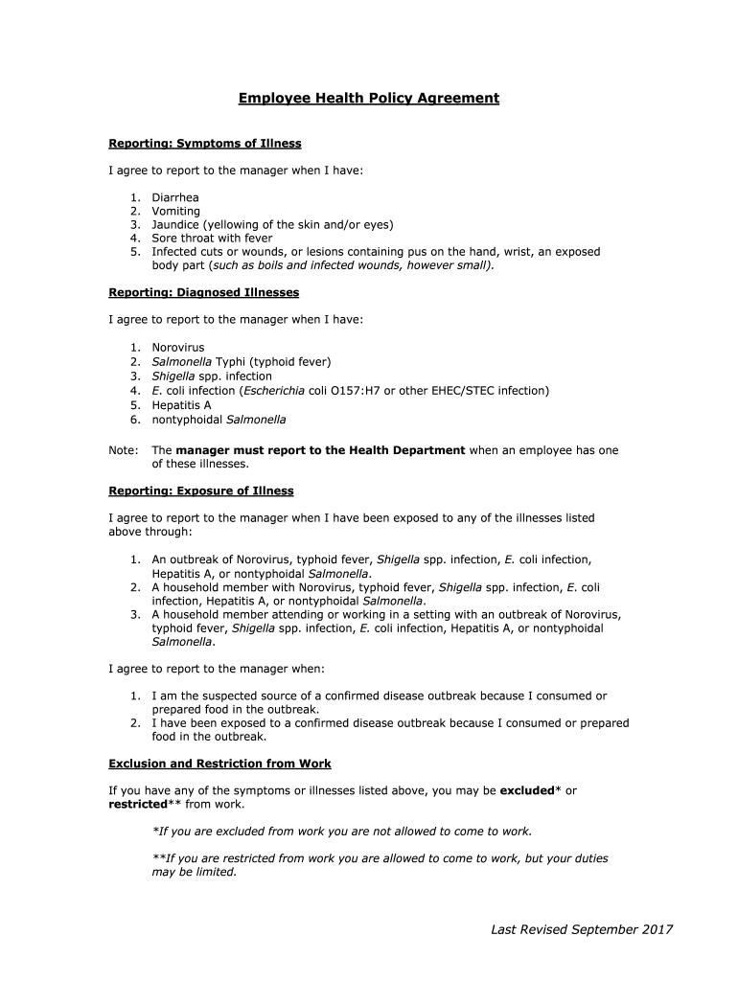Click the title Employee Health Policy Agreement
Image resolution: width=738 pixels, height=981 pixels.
(369, 98)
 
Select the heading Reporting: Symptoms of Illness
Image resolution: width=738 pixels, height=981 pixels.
(205, 144)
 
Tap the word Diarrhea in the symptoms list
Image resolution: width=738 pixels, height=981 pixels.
(175, 197)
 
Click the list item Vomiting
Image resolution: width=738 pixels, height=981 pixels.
(176, 211)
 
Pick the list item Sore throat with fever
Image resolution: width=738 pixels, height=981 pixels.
(212, 238)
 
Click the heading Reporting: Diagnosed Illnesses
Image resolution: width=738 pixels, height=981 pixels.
(204, 292)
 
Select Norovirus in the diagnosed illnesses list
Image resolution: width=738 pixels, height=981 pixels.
(178, 347)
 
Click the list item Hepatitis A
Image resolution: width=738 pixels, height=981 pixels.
(181, 405)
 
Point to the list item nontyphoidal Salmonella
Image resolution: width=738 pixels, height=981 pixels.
(219, 419)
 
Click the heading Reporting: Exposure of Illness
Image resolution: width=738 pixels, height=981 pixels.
(201, 490)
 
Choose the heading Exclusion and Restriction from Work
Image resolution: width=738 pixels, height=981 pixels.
(220, 764)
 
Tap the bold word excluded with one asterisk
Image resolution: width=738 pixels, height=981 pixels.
(526, 790)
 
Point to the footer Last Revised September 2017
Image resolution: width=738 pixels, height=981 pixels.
(582, 929)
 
